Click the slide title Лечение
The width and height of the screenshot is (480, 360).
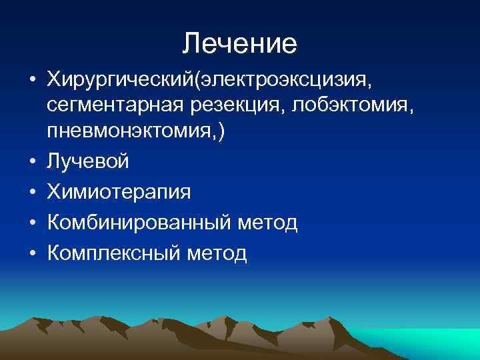pyautogui.click(x=239, y=44)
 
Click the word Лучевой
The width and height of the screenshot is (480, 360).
pyautogui.click(x=88, y=161)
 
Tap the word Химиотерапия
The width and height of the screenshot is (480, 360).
pyautogui.click(x=119, y=192)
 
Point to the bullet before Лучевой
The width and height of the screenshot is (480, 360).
pyautogui.click(x=32, y=162)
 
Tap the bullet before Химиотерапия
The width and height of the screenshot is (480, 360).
pyautogui.click(x=32, y=193)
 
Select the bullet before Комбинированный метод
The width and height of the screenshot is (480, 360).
pyautogui.click(x=32, y=223)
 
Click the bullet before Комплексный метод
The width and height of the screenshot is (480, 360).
pyautogui.click(x=32, y=254)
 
